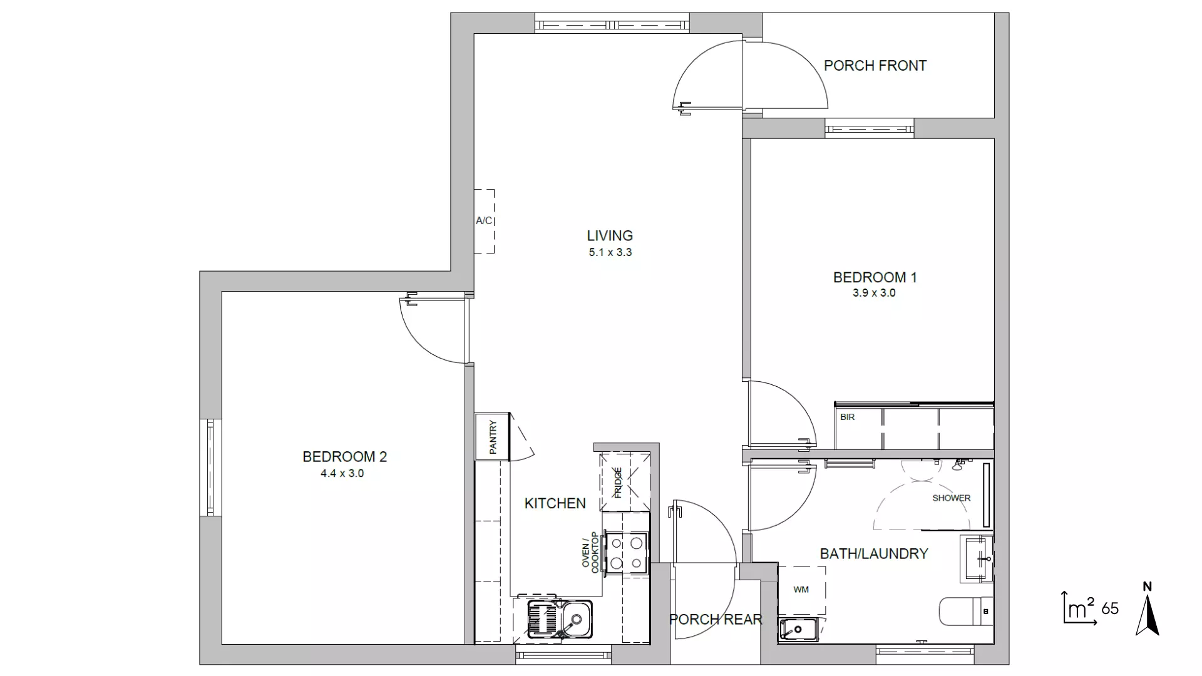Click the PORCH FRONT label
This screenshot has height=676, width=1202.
click(875, 66)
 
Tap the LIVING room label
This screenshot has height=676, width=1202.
click(610, 236)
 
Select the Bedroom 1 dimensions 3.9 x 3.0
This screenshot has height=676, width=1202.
click(874, 293)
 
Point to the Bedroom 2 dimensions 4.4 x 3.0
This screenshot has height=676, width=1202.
click(342, 474)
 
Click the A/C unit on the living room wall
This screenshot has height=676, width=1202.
click(484, 221)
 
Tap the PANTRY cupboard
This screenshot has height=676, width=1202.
click(493, 436)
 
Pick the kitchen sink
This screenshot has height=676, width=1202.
click(560, 619)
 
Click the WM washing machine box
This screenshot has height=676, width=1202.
click(801, 590)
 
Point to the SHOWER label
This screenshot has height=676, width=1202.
click(952, 498)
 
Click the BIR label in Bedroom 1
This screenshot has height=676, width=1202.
click(848, 417)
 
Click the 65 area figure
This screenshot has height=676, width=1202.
click(1110, 608)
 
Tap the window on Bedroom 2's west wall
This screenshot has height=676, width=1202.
click(210, 468)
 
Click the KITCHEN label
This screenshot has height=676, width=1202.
click(555, 503)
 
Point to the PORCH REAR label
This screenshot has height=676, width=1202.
click(716, 620)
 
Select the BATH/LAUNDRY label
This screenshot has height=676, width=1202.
click(874, 554)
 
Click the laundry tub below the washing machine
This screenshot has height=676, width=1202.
click(798, 629)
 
